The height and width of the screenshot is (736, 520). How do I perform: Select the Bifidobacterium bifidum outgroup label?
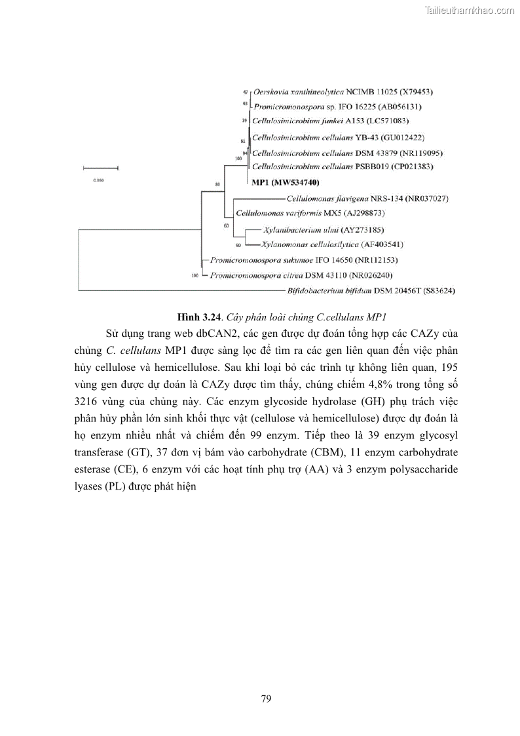[371, 290]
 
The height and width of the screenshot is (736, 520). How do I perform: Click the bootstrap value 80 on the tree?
[217, 185]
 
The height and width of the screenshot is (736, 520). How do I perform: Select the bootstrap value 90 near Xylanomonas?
[238, 245]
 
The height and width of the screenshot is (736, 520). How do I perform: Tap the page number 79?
[266, 699]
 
